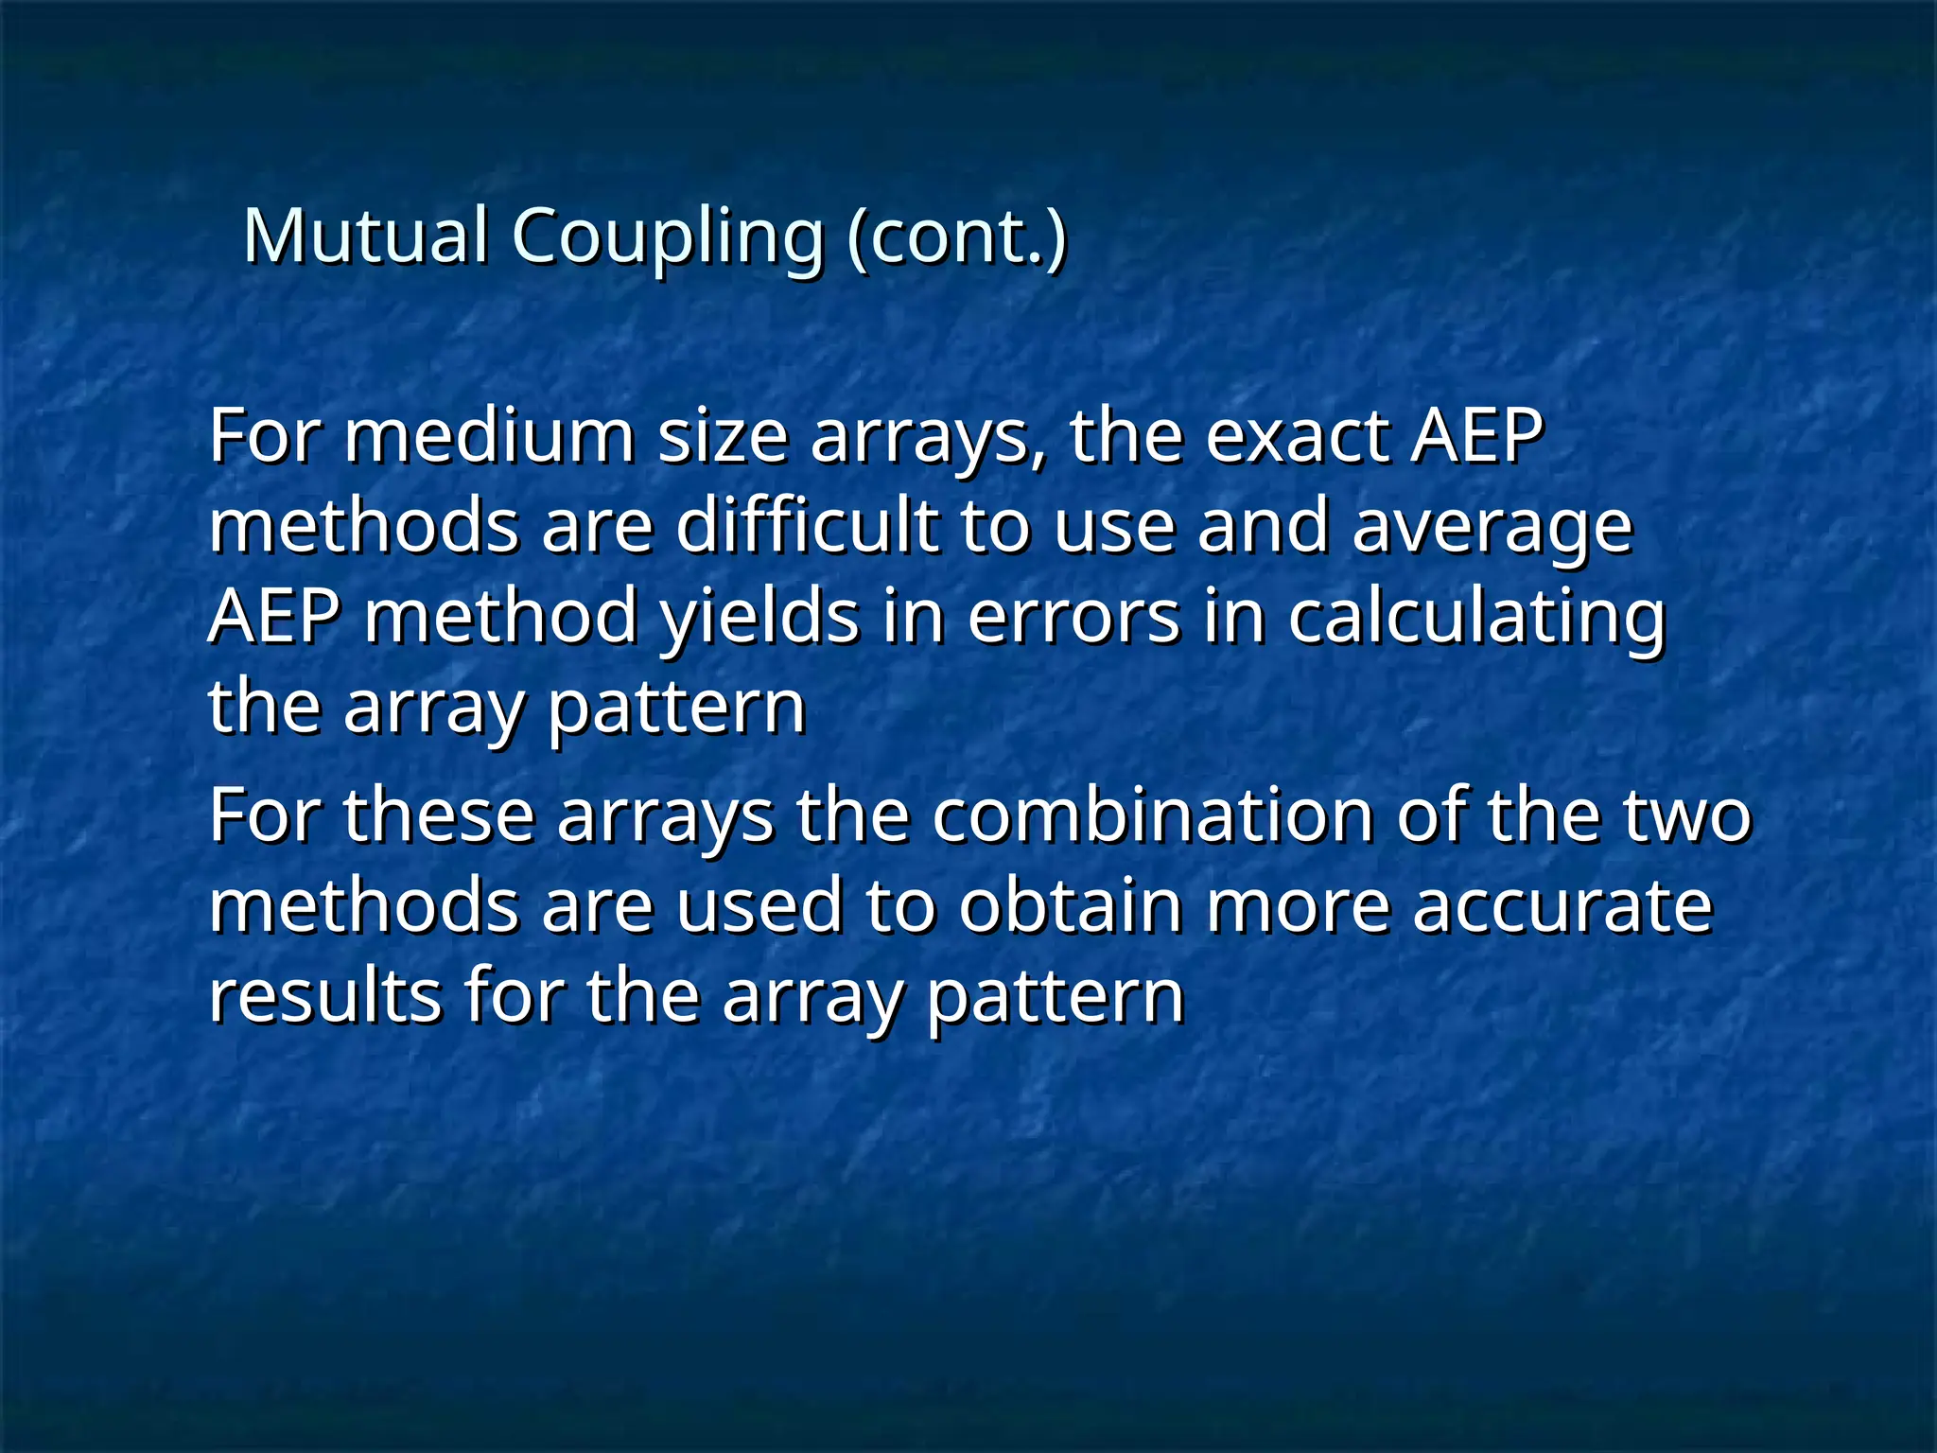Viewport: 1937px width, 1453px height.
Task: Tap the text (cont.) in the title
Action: pos(957,236)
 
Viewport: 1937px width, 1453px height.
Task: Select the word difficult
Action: pos(807,527)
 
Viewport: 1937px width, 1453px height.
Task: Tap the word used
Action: pos(759,905)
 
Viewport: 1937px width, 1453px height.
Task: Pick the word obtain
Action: pos(1071,905)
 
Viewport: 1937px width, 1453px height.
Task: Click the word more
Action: pos(1298,905)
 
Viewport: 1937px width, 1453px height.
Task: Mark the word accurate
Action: pos(1562,905)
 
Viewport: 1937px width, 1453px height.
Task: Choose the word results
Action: pos(324,995)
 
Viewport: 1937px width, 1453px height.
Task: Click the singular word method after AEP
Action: pos(501,617)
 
